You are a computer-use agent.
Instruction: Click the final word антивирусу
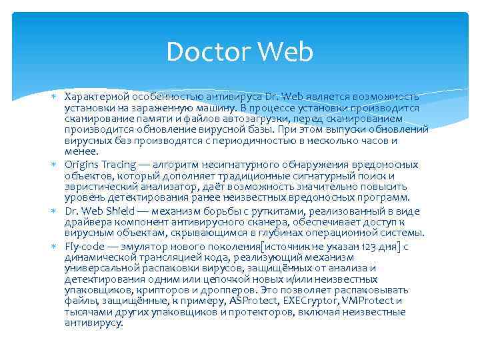click(94, 323)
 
